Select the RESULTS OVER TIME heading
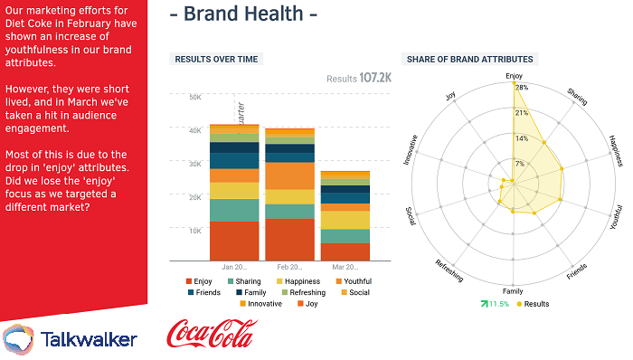(x=216, y=59)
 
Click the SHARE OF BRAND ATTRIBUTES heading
(x=469, y=59)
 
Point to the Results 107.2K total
(x=359, y=79)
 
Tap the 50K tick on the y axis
(x=194, y=97)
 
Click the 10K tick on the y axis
(x=194, y=230)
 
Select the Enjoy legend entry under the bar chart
(x=202, y=281)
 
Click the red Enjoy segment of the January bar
(x=234, y=241)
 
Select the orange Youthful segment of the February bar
(x=289, y=175)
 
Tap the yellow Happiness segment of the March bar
(x=345, y=220)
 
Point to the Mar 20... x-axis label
(x=345, y=268)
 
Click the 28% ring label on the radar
(x=521, y=88)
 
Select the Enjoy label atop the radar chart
(x=514, y=76)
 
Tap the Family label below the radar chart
(x=513, y=291)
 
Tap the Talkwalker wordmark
(x=90, y=339)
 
